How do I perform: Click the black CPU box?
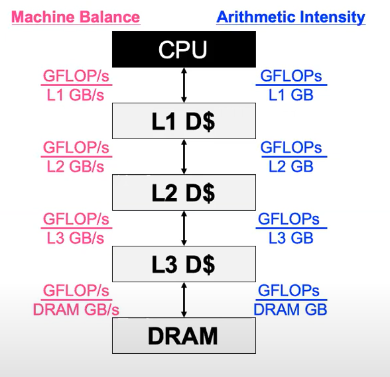(184, 49)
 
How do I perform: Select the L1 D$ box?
(184, 121)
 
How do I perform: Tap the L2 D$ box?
(184, 192)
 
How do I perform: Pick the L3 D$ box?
(184, 264)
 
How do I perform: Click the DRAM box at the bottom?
(184, 335)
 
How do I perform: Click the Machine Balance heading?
(76, 17)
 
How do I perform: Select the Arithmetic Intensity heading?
(291, 17)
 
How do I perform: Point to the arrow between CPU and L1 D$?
(184, 85)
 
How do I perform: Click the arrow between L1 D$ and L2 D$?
(184, 156)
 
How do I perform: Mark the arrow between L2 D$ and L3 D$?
(184, 228)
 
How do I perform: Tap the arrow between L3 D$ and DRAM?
(184, 299)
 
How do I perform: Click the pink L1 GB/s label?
(76, 95)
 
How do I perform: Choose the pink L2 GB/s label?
(76, 166)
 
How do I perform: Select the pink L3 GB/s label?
(76, 238)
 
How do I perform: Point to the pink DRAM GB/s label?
(76, 309)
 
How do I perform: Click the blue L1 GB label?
(291, 95)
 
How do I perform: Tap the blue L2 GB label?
(291, 166)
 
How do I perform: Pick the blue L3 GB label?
(291, 238)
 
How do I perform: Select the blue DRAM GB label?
(291, 309)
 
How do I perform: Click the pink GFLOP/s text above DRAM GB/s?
(76, 290)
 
